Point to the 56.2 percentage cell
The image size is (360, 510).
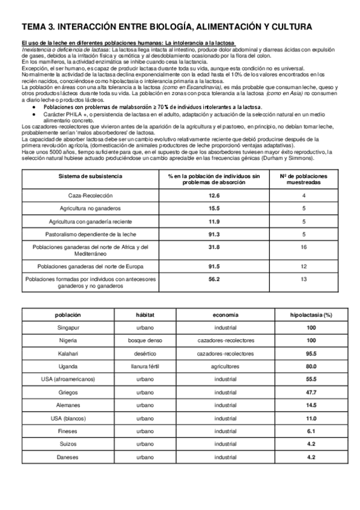[x=214, y=279]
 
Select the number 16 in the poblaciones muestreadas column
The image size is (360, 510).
[x=304, y=247]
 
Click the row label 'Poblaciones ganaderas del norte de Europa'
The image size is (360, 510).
[x=90, y=266]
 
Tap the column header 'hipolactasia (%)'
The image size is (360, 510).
[x=311, y=315]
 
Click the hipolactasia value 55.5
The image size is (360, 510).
[x=311, y=379]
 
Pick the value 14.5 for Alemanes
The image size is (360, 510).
[x=311, y=405]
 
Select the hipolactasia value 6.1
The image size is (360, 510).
[x=311, y=431]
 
